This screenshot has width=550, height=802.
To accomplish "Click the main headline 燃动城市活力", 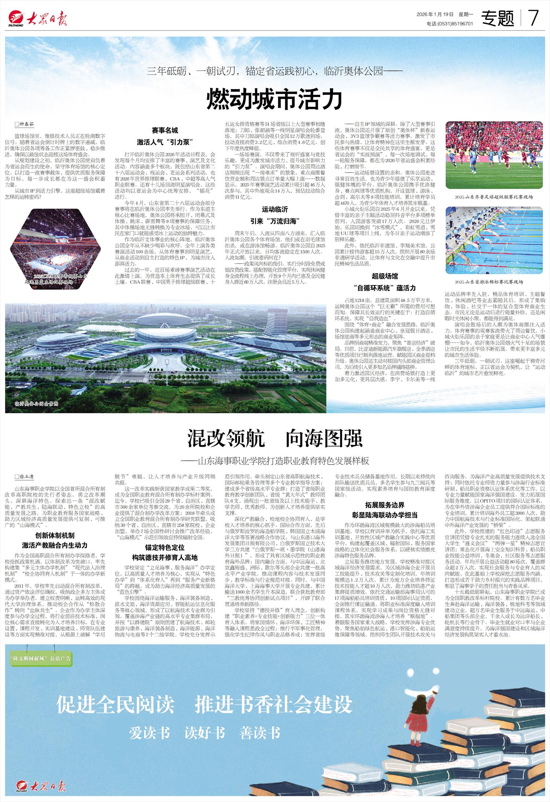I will (275, 98).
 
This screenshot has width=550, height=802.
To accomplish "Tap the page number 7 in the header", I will (533, 18).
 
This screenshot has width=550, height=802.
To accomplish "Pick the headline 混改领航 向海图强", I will (275, 439).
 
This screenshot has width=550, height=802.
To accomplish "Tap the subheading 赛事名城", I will (165, 130).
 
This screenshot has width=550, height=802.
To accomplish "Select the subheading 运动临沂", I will (275, 210).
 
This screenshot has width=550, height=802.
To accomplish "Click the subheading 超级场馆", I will (385, 276).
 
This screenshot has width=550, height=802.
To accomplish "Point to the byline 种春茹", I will (26, 125).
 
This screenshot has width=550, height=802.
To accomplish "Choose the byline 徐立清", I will (26, 477).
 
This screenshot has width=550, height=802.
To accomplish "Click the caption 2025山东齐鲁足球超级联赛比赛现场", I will (494, 197).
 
